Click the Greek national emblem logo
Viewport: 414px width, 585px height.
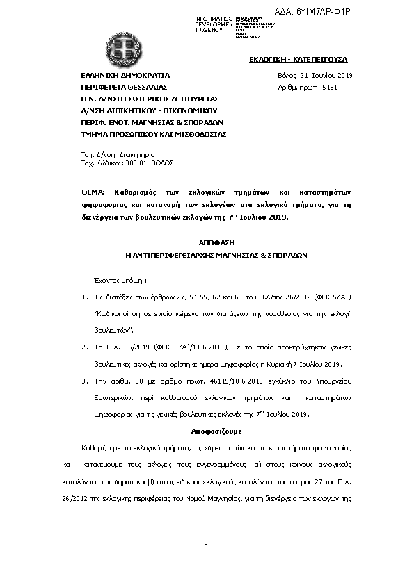tap(127, 49)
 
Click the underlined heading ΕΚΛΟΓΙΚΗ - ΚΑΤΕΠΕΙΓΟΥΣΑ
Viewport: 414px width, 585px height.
tap(298, 60)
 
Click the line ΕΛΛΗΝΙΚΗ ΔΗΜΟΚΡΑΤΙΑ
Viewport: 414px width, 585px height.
tap(125, 74)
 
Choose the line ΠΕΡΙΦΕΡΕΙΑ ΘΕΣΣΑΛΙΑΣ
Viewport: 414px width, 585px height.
tap(125, 87)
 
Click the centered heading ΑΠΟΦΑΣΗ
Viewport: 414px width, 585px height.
tap(206, 243)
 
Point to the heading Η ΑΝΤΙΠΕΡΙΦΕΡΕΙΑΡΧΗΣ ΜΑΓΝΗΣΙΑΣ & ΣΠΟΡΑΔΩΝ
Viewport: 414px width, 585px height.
tap(206, 255)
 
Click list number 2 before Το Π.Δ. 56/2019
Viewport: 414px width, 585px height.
tap(84, 347)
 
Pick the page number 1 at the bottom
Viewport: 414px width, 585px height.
tap(207, 548)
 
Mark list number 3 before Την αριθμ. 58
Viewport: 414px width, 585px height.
tap(84, 381)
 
